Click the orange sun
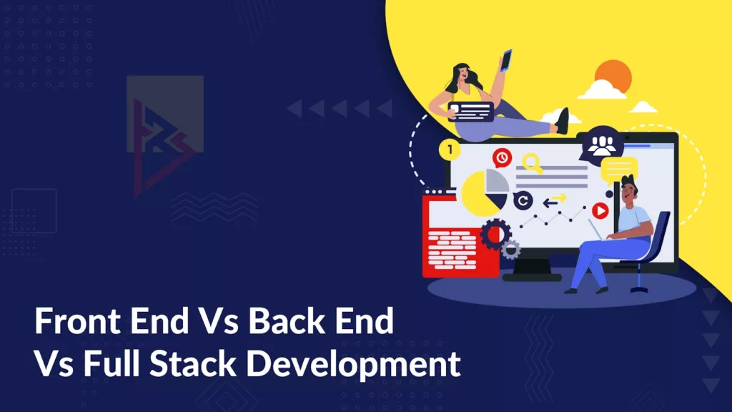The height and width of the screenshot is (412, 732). tap(613, 76)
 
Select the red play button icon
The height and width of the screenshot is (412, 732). tap(600, 210)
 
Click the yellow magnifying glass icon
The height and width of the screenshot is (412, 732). tap(532, 161)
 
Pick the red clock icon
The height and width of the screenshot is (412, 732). tap(503, 157)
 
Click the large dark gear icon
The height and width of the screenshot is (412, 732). tap(493, 233)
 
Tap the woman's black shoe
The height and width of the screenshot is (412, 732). tap(563, 120)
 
